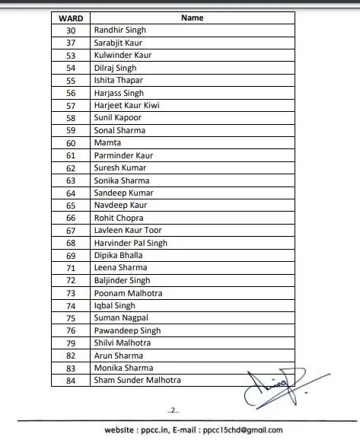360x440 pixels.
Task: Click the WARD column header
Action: (71, 17)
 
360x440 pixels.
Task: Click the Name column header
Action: (193, 17)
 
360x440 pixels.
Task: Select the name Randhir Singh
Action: (119, 30)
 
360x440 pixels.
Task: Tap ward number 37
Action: (71, 43)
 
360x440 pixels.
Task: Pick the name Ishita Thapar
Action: (118, 80)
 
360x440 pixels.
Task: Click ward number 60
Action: (71, 142)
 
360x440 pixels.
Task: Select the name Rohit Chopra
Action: (118, 218)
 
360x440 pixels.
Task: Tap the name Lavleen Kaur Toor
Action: (127, 230)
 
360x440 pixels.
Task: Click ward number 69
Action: (71, 255)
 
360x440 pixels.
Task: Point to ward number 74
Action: (71, 305)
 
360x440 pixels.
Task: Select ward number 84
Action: (71, 381)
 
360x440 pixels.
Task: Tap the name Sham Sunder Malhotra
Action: (137, 381)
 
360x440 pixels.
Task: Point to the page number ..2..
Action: (174, 410)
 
